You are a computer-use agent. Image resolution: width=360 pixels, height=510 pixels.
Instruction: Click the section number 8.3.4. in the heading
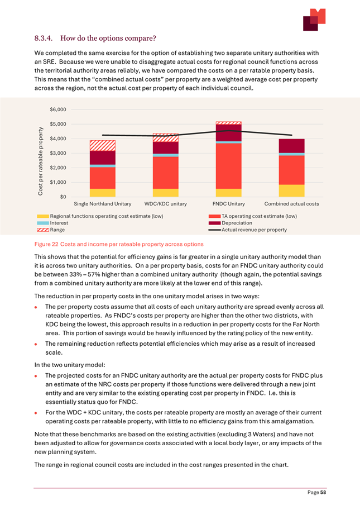tap(44, 39)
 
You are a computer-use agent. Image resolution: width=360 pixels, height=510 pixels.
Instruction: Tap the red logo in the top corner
tap(314, 20)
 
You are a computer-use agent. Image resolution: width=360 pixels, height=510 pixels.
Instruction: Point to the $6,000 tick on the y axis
tap(58, 109)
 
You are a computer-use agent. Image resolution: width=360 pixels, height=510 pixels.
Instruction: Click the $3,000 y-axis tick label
tap(58, 153)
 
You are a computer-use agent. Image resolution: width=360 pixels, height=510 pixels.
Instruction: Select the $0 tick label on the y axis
tap(63, 197)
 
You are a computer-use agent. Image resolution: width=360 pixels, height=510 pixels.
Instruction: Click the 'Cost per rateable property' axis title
tap(40, 161)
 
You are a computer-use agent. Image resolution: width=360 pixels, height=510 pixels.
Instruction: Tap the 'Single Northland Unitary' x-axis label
tap(103, 204)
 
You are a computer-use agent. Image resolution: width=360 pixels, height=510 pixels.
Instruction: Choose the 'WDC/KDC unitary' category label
tap(166, 204)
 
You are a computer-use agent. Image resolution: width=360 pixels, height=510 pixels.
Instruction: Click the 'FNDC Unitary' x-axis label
tap(229, 204)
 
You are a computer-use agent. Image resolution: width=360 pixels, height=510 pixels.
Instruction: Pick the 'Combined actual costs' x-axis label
tap(292, 204)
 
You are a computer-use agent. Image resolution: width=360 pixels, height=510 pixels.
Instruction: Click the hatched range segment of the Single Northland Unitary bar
tap(103, 145)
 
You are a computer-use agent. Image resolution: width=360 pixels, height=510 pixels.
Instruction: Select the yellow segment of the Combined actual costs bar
tap(292, 190)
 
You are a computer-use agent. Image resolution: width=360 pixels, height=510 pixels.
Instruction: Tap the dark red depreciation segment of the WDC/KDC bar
tap(166, 147)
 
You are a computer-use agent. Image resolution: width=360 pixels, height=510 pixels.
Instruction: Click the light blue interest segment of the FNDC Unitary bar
tap(229, 142)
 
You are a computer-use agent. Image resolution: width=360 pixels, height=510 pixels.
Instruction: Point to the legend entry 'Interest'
tap(52, 223)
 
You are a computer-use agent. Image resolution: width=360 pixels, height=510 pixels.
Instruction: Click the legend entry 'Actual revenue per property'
tap(248, 230)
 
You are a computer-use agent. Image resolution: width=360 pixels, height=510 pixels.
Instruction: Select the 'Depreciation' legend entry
tap(231, 223)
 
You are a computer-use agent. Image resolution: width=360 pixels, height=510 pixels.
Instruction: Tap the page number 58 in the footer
tap(323, 493)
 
